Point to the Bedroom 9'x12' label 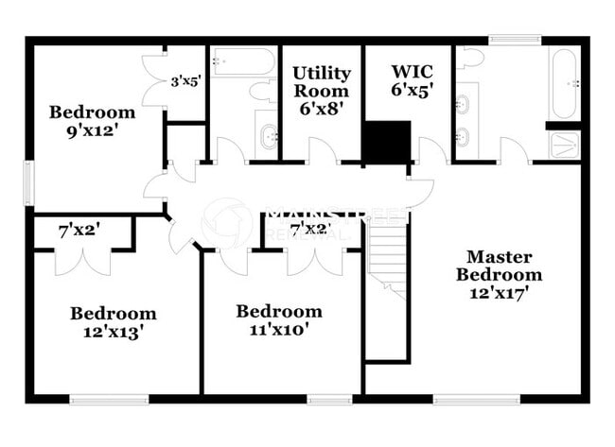click(x=92, y=121)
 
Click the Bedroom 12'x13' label click(x=113, y=322)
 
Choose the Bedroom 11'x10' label click(x=279, y=320)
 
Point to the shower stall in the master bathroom click(x=565, y=145)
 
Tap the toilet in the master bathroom click(x=469, y=60)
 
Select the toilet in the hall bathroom click(x=262, y=91)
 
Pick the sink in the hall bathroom click(x=267, y=139)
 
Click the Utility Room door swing click(x=323, y=150)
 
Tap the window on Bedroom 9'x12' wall click(x=28, y=181)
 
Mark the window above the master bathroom click(x=516, y=41)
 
